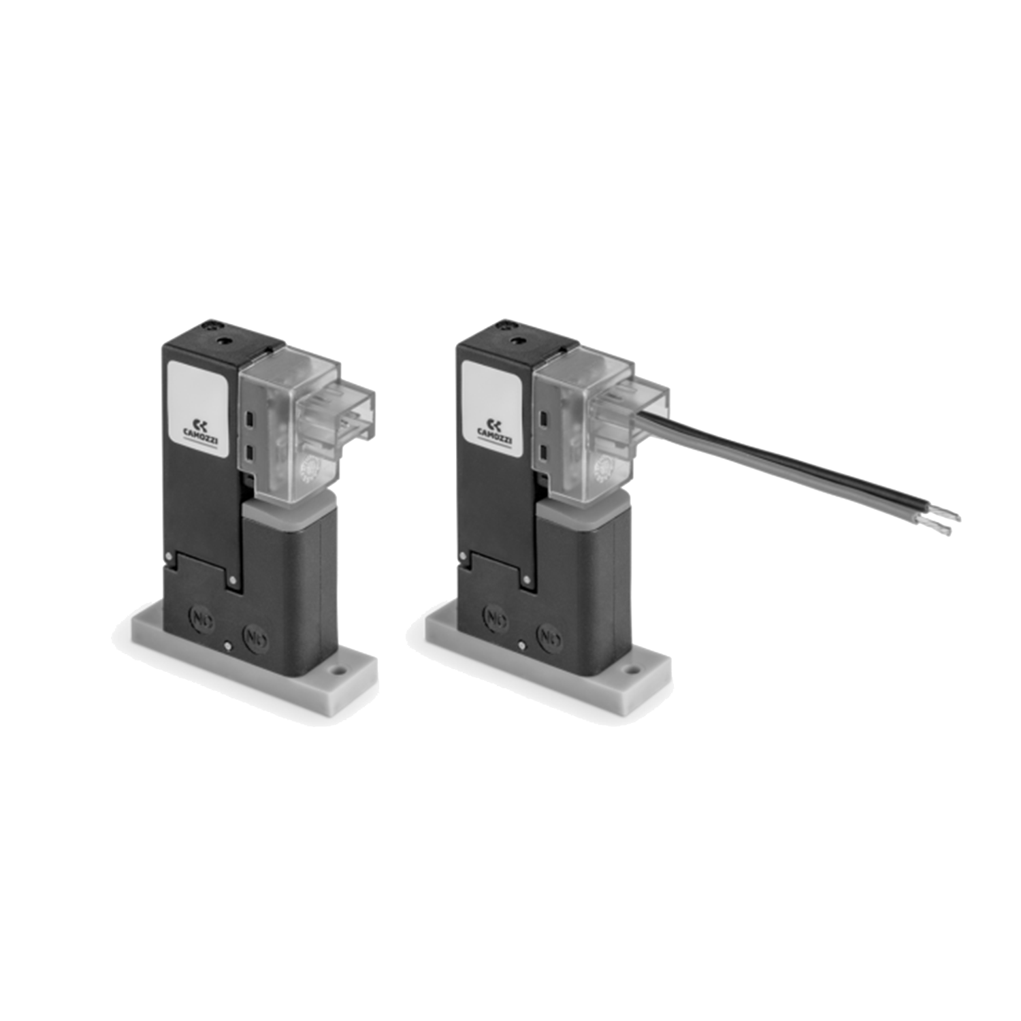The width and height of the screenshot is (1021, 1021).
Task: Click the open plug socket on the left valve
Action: (354, 419)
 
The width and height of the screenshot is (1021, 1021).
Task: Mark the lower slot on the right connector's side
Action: (544, 451)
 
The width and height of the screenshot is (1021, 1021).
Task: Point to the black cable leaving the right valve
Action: (783, 463)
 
